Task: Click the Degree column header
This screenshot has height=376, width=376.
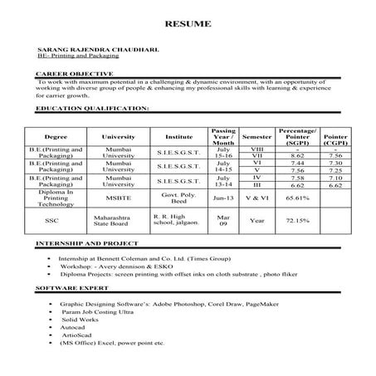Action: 56,135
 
